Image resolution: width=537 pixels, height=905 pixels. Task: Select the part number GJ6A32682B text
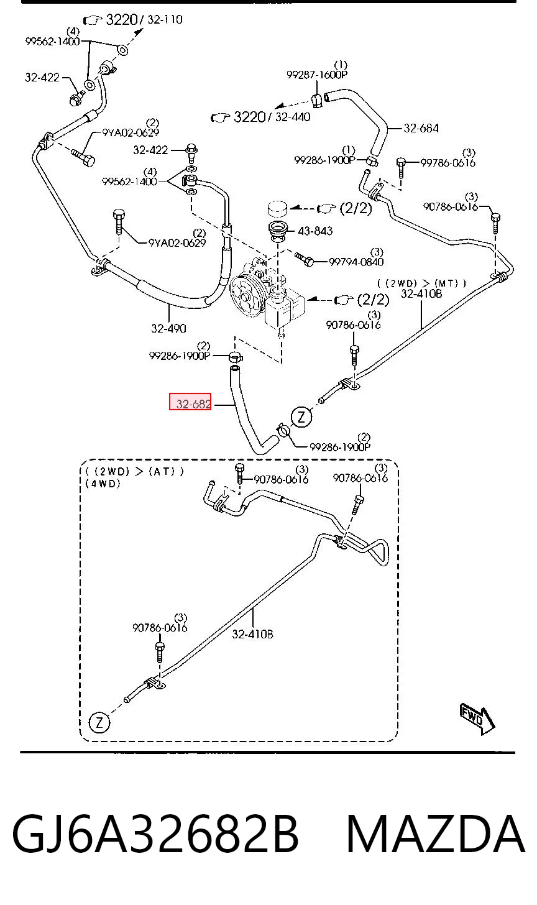[155, 834]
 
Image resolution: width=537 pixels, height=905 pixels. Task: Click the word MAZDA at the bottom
[436, 834]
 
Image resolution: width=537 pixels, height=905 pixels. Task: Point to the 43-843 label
[315, 231]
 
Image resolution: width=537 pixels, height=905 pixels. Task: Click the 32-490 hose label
[168, 328]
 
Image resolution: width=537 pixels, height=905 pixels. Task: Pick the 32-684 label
[421, 128]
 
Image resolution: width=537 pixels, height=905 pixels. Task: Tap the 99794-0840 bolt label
[356, 262]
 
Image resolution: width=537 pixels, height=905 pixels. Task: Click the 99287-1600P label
[317, 75]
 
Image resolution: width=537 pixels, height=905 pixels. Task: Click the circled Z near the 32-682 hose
[301, 416]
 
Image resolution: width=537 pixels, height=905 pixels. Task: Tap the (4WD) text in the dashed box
[103, 483]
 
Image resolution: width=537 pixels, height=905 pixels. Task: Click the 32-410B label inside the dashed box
[252, 634]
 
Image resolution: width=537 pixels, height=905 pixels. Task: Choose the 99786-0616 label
[447, 162]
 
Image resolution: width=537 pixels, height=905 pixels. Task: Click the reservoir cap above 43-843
[278, 209]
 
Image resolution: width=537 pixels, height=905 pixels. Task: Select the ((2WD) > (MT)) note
[421, 283]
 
